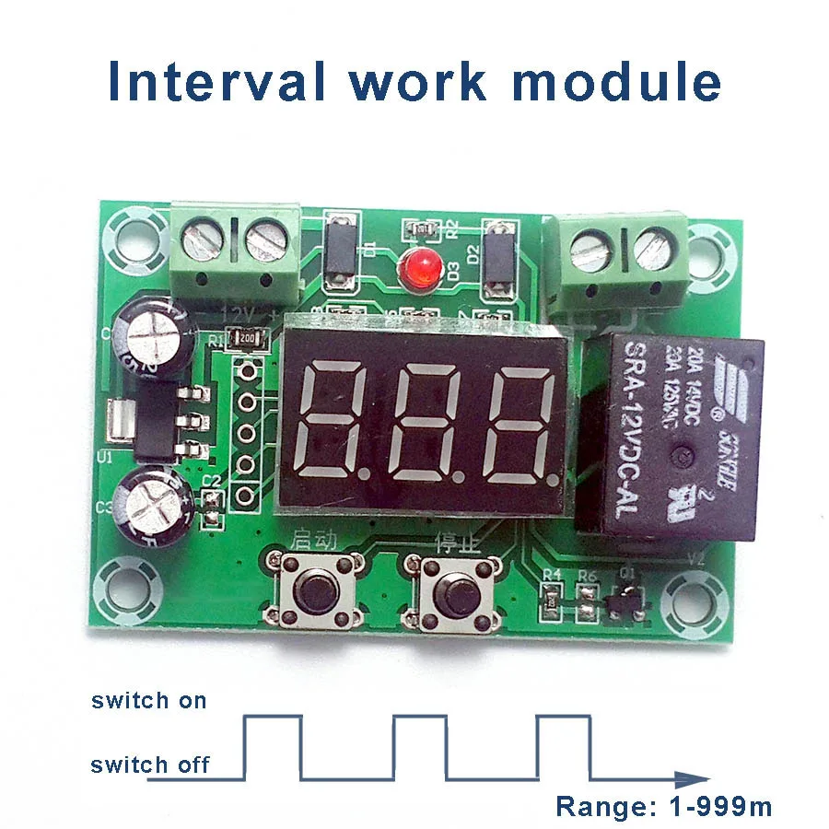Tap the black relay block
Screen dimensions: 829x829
point(671,435)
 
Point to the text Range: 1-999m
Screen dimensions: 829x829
point(663,807)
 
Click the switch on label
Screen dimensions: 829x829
point(149,700)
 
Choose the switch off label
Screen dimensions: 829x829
point(150,764)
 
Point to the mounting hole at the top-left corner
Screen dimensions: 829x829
point(128,234)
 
